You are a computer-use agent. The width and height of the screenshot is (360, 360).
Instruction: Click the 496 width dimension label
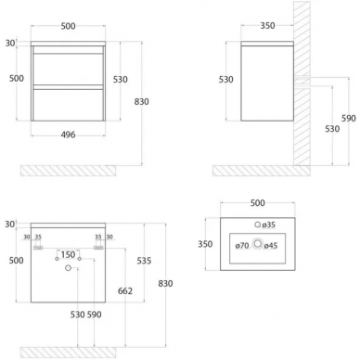68,135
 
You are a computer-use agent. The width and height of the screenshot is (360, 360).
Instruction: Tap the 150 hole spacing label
68,254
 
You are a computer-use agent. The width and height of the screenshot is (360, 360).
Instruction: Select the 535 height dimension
144,261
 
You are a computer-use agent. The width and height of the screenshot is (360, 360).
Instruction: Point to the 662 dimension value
125,290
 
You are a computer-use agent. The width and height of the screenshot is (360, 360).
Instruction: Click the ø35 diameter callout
269,225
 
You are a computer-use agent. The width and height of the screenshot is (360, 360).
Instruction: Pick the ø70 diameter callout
242,246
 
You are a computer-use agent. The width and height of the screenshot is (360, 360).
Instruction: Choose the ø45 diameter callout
271,246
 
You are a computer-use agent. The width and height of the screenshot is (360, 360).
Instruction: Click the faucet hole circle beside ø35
258,225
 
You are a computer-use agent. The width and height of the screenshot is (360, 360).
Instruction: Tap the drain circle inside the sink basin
258,244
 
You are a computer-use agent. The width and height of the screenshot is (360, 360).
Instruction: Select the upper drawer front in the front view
68,69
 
